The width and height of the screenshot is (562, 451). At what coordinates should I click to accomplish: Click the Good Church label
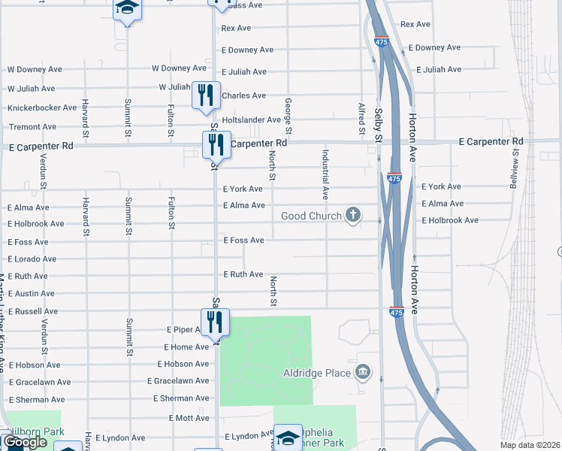(311, 216)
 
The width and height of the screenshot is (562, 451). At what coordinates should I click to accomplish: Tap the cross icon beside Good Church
(352, 216)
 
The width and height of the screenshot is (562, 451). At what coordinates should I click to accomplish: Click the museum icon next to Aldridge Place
(363, 372)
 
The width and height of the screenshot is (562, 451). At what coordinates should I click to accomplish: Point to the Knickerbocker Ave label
(42, 108)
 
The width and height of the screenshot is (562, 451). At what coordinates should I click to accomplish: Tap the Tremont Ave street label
(32, 127)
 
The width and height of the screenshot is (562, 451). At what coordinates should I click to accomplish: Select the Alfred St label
(361, 116)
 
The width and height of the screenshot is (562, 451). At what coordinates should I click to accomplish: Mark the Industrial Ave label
(325, 174)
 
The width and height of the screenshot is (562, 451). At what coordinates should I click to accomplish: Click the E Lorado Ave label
(32, 259)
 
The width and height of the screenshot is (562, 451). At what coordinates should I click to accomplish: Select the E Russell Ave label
(32, 311)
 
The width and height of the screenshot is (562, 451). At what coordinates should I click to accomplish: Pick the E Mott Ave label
(189, 418)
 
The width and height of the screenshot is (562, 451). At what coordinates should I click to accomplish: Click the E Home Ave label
(186, 347)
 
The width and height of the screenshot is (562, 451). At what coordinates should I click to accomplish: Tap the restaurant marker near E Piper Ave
(215, 322)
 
